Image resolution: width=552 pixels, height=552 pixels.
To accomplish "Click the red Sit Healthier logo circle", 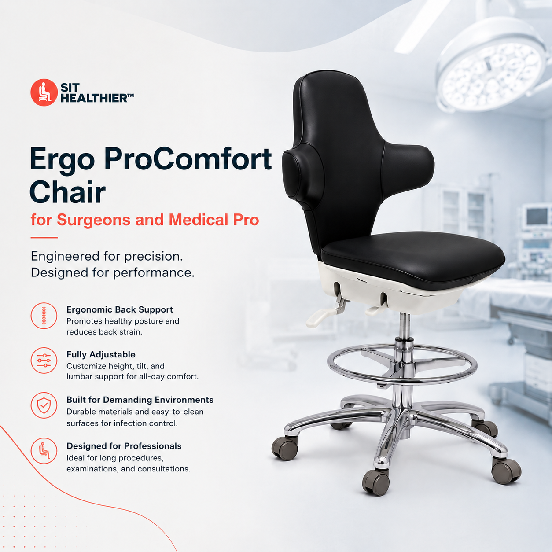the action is pos(44,92).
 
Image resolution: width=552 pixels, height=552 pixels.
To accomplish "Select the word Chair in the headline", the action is pos(68,192).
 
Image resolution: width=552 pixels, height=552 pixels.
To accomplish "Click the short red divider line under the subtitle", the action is pos(44,237).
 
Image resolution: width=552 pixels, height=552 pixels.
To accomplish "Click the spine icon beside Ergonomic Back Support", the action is pos(44,316).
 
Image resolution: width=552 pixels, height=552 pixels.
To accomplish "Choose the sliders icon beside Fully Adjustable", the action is pos(44,361).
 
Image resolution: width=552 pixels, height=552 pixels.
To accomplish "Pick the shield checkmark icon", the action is pos(44,405).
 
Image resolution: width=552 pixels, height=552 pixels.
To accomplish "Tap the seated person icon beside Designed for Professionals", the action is pos(44,451).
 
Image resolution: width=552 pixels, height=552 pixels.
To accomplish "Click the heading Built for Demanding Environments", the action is pos(140,400).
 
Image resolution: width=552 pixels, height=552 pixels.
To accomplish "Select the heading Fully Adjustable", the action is pos(101,355).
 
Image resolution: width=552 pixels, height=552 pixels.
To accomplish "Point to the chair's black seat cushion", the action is pos(412,259).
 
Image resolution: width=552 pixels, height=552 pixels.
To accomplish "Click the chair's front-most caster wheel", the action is pos(376,483).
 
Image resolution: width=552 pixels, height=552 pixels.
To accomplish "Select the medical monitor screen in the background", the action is pos(537,217).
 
